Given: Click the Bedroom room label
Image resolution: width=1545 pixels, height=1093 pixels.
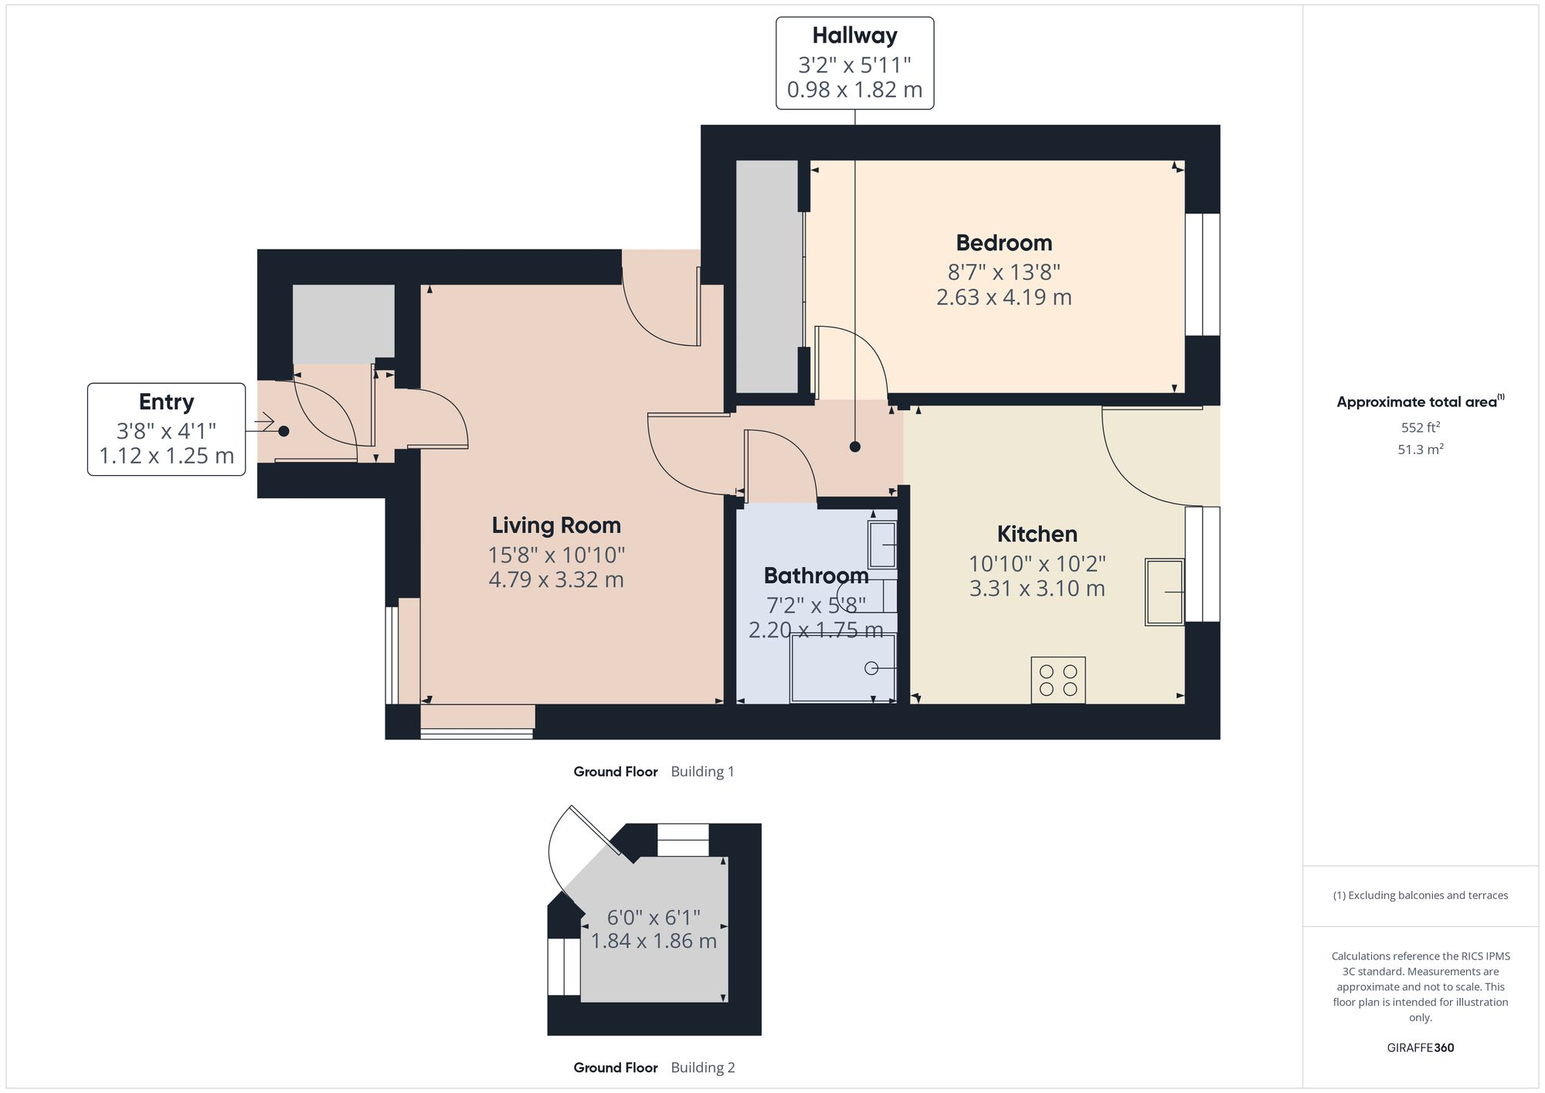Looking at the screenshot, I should pos(1003,243).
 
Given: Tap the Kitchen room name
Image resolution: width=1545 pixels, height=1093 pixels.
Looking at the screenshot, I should pos(1037,535).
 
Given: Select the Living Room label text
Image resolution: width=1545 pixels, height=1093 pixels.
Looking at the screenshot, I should pos(556,526).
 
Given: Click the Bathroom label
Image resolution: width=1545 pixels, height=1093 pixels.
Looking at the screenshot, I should pos(816,576).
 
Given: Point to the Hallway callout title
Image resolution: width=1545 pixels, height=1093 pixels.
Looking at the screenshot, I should pos(854,36).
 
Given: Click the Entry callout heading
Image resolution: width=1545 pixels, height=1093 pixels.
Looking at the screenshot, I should pos(166,402).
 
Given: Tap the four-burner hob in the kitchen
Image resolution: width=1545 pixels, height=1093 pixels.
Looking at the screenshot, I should pos(1058,680).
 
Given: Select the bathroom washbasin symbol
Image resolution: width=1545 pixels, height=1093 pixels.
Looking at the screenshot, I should pos(882,545).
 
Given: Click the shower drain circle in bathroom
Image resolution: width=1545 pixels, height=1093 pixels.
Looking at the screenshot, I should pos(871,668).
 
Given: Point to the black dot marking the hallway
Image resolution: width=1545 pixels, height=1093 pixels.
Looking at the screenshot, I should pos(854,446).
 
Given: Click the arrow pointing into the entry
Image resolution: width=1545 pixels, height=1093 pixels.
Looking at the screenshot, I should pos(263,423).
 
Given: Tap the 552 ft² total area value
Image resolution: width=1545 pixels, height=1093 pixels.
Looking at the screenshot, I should pos(1420,427).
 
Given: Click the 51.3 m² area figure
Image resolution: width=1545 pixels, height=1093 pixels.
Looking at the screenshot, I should pos(1420,450).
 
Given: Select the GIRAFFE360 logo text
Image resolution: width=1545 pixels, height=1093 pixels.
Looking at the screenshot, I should pos(1420,1048).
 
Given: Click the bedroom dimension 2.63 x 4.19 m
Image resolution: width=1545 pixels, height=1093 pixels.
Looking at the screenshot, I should pos(1003,297).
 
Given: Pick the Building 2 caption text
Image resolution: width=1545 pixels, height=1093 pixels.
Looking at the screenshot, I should pos(702,1068).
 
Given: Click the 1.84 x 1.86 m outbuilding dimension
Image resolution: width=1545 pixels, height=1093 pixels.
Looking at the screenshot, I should pos(654,942).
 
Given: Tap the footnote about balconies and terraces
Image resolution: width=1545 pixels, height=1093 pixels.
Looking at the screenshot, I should pos(1420,896).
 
